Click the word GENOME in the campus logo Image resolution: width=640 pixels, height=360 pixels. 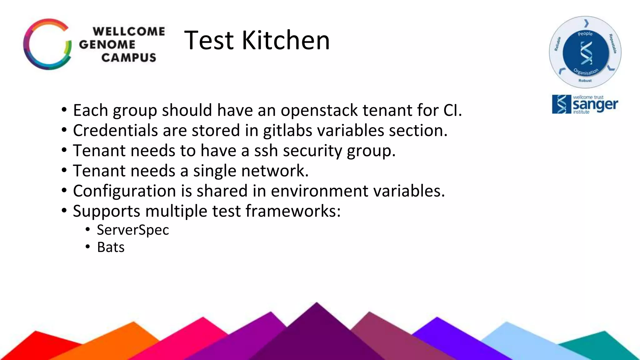pyautogui.click(x=107, y=44)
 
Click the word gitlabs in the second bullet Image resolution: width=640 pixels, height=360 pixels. pyautogui.click(x=287, y=130)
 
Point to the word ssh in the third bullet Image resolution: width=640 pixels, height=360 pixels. pyautogui.click(x=266, y=151)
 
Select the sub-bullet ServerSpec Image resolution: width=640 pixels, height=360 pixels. pyautogui.click(x=133, y=230)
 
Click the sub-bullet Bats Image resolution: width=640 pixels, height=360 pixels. pyautogui.click(x=111, y=247)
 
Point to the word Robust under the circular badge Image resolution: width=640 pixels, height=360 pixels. pyautogui.click(x=585, y=81)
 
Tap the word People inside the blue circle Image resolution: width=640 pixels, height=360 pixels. pyautogui.click(x=585, y=34)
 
